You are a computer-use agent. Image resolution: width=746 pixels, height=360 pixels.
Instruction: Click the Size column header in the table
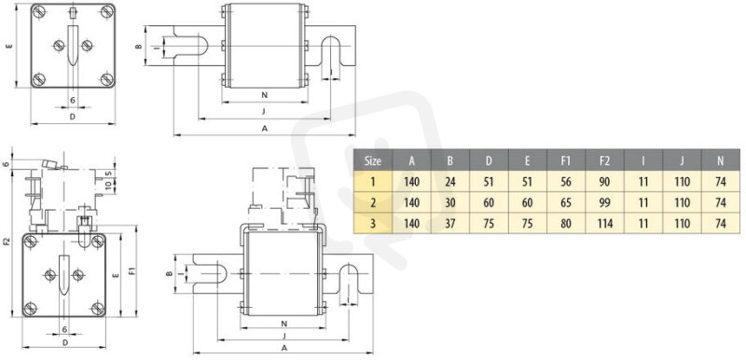tap(372, 160)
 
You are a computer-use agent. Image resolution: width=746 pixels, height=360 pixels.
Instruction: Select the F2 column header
tap(604, 160)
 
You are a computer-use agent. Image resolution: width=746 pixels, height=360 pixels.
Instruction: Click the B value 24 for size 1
tap(450, 182)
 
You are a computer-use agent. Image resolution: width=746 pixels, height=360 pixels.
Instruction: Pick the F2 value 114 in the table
tap(604, 223)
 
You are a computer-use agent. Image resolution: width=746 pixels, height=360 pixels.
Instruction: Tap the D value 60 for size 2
tap(489, 202)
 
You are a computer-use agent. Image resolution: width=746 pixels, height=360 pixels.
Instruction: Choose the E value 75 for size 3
tap(527, 223)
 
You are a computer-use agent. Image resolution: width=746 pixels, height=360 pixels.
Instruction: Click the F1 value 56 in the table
tap(566, 182)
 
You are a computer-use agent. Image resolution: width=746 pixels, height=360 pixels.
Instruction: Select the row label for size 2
tap(372, 202)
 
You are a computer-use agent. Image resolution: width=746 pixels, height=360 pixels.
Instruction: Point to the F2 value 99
tap(604, 202)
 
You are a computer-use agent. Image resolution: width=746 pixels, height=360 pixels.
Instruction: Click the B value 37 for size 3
tap(450, 223)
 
